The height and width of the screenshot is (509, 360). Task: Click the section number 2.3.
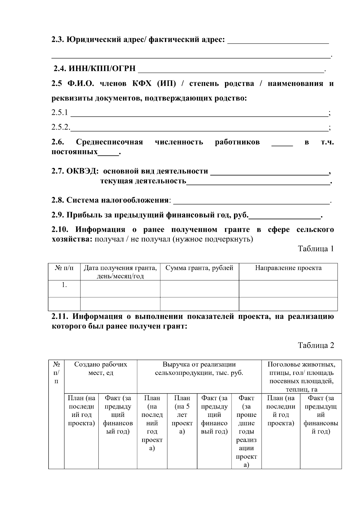(x=58, y=40)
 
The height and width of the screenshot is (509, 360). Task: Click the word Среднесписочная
(x=109, y=142)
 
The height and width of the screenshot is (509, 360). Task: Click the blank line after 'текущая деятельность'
(x=258, y=182)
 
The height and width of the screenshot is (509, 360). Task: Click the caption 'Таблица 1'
(x=316, y=249)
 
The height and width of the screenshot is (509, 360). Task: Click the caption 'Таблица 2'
(x=316, y=345)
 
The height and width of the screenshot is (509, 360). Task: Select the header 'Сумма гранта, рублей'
(x=199, y=268)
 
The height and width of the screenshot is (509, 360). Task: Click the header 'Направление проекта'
(x=288, y=268)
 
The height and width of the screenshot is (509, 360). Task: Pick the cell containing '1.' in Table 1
(x=64, y=285)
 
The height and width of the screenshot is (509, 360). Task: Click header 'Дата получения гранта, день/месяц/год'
(x=120, y=272)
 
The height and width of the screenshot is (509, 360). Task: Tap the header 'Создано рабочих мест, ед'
(x=100, y=369)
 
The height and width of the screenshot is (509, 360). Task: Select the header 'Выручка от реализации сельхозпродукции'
(x=199, y=369)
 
